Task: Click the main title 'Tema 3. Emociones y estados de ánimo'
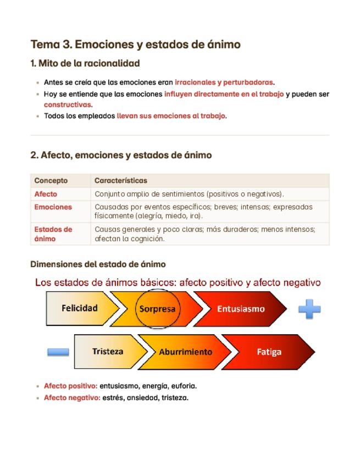point(135,45)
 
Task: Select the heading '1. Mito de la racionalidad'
point(85,63)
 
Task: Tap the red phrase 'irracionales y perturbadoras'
point(224,82)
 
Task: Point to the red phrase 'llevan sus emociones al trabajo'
point(171,116)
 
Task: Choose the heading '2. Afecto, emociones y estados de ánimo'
point(121,156)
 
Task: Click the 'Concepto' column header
point(51,180)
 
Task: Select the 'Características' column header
point(121,180)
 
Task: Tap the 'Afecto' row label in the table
point(46,194)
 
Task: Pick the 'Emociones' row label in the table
point(53,207)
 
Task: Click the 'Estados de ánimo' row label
point(53,234)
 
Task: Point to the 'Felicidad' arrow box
point(80,308)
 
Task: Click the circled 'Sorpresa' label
point(157,308)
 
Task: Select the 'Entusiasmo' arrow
point(240,309)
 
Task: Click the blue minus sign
point(58,352)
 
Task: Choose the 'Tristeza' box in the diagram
point(108,351)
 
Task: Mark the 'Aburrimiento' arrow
point(185,352)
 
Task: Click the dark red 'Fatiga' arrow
point(269,352)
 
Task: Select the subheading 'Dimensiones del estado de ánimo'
point(98,264)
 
